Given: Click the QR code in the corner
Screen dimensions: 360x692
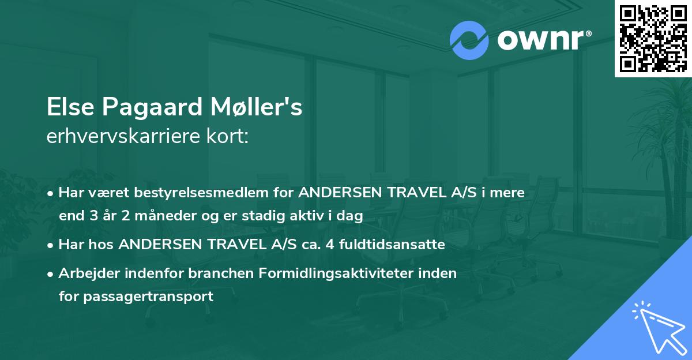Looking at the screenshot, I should pos(653,38).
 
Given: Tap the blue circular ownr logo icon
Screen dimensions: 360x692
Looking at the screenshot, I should pos(468,40).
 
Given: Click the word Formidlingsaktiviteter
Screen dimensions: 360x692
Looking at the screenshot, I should pos(355,273).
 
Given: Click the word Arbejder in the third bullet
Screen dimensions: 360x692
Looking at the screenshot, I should pos(85,273).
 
